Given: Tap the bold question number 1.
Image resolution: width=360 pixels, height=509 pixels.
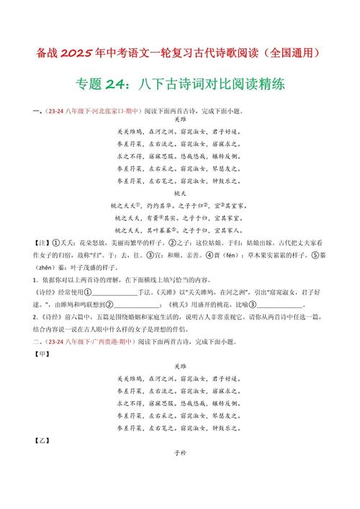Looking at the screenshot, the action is coord(34,279).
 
